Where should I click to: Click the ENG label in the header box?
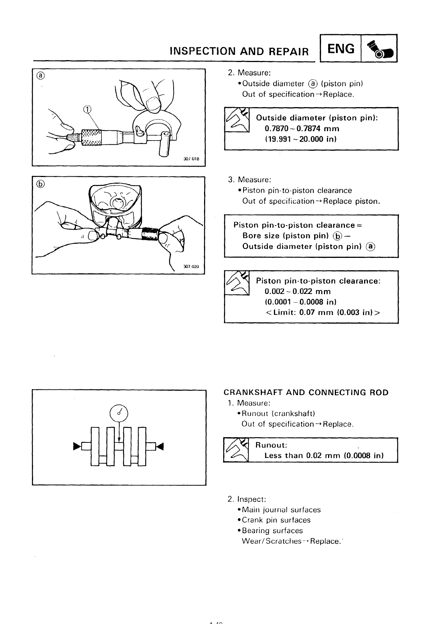point(341,48)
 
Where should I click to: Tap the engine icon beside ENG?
point(379,49)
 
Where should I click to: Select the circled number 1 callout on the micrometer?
point(87,109)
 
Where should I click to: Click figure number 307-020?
point(191,267)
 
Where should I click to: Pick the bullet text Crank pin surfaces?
point(276,520)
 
